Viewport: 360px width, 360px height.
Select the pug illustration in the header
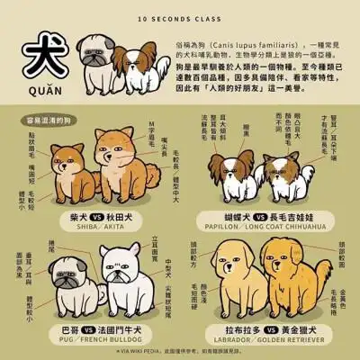tap(96, 56)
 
